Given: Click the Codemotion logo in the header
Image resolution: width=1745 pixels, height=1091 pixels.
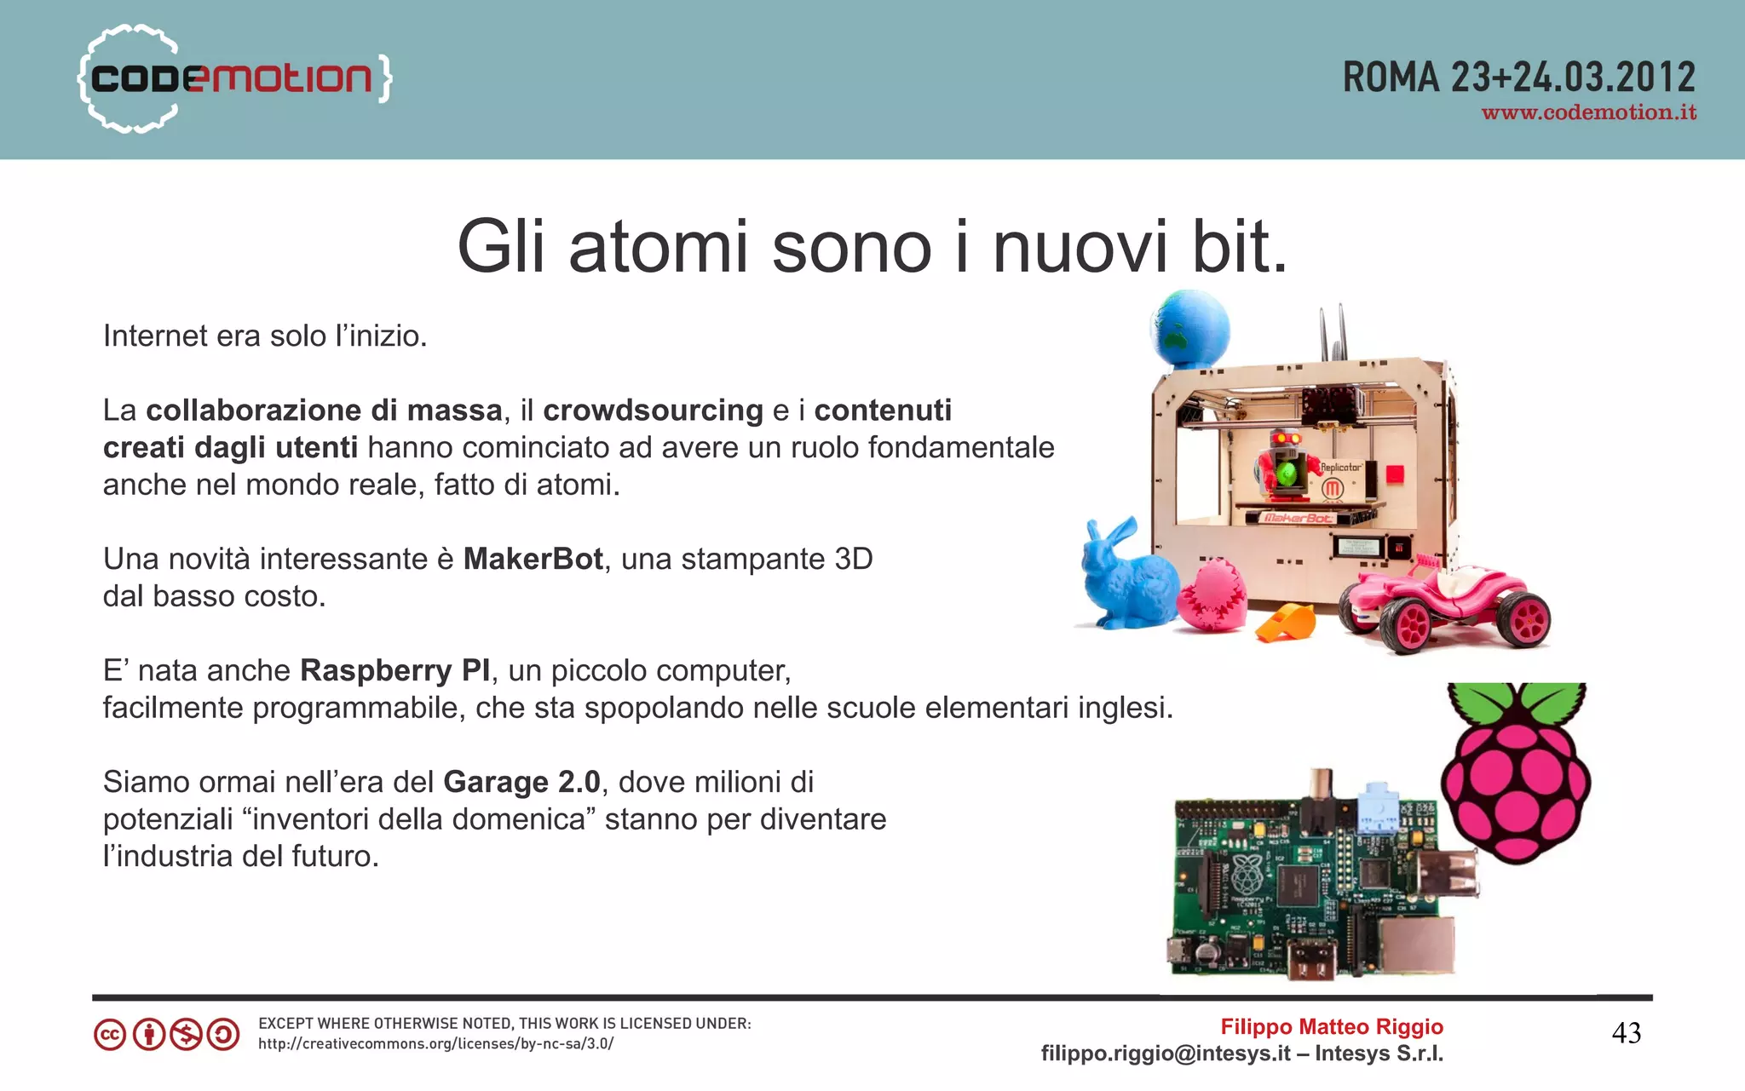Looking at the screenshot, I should pos(234,78).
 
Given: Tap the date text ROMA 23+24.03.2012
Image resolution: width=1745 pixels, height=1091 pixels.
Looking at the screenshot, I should pos(1518,78).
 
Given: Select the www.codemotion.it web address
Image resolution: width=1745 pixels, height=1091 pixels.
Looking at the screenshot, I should pos(1588,113).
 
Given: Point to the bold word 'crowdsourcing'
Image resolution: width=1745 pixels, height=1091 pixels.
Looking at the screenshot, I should pos(653,411).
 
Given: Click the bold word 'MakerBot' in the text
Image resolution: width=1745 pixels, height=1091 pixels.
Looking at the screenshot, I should pos(533,560).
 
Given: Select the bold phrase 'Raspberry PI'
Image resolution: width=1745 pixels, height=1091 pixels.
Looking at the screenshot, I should pos(395,671).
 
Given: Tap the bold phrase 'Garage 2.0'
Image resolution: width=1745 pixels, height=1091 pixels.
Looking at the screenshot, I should pos(521,783).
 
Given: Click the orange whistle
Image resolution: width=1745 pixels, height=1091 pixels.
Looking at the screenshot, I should pos(1287,622).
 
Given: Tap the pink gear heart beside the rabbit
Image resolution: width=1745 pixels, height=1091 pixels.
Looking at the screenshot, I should pos(1211,597).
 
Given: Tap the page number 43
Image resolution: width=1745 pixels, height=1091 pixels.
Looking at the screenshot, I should pos(1626,1034).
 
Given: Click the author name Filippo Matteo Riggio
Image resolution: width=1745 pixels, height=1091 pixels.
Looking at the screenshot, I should pos(1331,1027).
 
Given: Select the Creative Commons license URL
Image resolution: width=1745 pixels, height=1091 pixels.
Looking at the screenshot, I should pos(435,1044).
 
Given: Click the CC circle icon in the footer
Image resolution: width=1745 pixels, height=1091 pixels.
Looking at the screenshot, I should pos(110,1036).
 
